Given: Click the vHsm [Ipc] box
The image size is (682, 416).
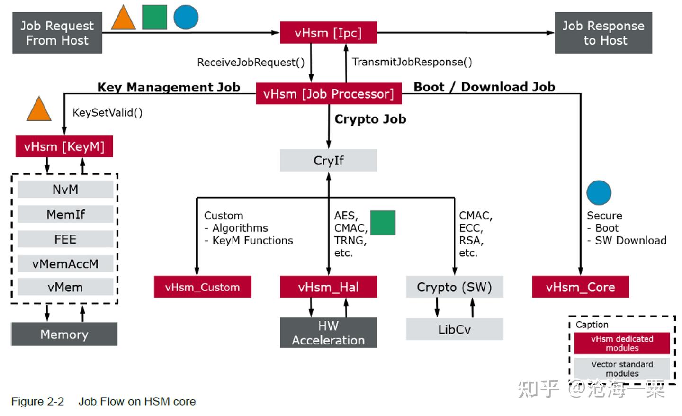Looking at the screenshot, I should [x=328, y=33].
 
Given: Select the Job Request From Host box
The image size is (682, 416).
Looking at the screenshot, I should [x=57, y=33].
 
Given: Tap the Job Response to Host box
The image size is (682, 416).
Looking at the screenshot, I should [x=603, y=33].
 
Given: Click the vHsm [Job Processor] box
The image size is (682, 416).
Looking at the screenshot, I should [x=328, y=94].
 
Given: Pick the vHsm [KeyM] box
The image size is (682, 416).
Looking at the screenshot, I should [x=64, y=146].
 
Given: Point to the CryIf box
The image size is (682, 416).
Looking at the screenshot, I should [x=328, y=161].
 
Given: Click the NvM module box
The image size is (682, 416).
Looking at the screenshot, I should [x=65, y=190].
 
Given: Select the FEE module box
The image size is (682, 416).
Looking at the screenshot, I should [x=65, y=239].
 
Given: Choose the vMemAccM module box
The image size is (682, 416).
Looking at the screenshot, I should [x=65, y=264].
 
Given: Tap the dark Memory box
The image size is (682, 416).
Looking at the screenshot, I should [x=64, y=334].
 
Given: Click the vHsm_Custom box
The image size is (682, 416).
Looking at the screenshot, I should [x=202, y=287].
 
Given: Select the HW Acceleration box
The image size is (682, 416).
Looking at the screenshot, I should [x=328, y=333].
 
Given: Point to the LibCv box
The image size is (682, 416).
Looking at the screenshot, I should [x=454, y=329].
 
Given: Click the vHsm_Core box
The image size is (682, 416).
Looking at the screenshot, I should [x=580, y=287].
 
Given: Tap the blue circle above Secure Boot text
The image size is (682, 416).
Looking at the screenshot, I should [x=599, y=193].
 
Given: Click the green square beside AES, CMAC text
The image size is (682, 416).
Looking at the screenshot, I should [x=383, y=223].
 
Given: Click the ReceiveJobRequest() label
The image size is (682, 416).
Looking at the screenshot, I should [x=251, y=62].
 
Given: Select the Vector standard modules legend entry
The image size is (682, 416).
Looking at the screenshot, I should [x=622, y=369].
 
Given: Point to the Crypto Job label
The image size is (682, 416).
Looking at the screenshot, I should [x=370, y=119].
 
